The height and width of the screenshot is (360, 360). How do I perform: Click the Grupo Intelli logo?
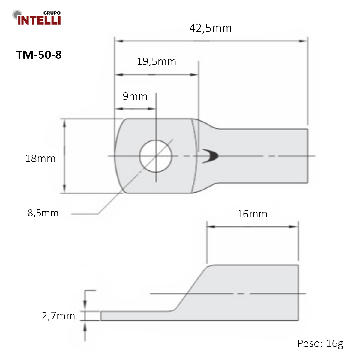coord(37,18)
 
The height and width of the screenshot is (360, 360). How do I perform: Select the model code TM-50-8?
coord(39,55)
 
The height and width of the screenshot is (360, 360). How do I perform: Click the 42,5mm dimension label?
coord(211,28)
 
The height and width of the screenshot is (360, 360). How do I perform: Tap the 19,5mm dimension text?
coord(156,61)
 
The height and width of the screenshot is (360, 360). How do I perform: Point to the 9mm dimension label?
coord(135,96)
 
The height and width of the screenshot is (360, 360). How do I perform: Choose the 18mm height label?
coord(40,158)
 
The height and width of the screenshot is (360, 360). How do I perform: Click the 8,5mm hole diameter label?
coord(43,213)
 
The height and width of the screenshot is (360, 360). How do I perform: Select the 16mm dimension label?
coord(252,214)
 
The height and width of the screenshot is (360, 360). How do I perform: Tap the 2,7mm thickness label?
coord(58,316)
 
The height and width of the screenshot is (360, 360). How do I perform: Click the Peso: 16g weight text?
coord(320,343)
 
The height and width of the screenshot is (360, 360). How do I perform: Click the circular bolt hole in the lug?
coord(156,156)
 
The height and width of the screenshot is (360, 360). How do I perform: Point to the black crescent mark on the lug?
coord(211,156)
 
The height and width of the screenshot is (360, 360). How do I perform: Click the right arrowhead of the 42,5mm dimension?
coord(304,41)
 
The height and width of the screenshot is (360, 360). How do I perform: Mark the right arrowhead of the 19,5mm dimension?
coord(194,75)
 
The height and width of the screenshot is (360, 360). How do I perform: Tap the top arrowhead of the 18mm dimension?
coord(65,122)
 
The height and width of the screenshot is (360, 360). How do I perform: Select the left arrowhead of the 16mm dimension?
coord(211,226)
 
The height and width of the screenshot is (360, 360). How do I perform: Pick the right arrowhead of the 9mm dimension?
coord(152,109)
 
